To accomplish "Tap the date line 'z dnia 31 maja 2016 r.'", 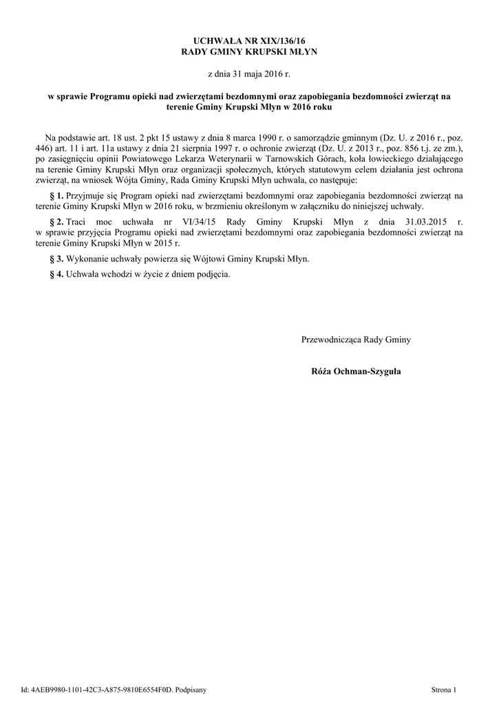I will coord(249,72).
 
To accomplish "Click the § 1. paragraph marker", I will coord(56,196).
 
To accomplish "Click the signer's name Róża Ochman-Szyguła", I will coord(356,371).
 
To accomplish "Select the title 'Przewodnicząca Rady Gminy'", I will coord(356,339).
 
